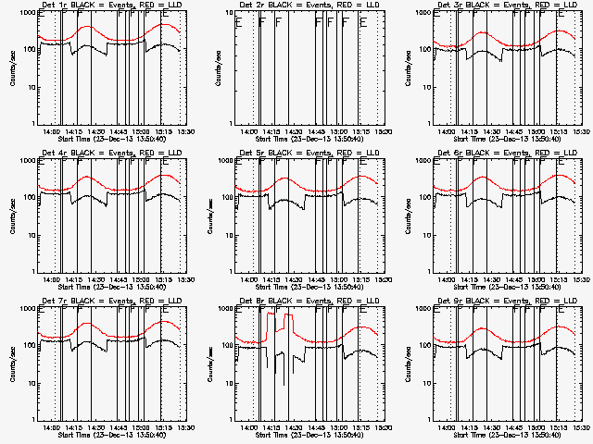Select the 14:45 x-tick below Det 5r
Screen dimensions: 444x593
point(315,280)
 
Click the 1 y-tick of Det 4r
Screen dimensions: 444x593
point(32,271)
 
